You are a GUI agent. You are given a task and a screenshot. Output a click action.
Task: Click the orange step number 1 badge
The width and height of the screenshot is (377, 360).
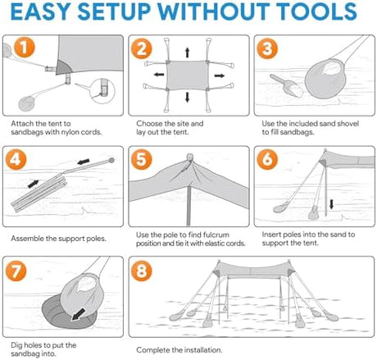tap(25, 48)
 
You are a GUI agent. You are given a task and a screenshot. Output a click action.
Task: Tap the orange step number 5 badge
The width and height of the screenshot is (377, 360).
tap(142, 159)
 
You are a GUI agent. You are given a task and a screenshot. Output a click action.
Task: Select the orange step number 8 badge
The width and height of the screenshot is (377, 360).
tap(142, 271)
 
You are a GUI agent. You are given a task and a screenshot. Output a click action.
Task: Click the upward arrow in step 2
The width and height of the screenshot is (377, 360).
tap(188, 52)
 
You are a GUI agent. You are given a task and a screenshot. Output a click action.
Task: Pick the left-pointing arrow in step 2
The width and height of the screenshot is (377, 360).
tap(159, 75)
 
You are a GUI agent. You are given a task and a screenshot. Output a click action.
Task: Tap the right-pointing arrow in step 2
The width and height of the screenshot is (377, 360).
tap(220, 75)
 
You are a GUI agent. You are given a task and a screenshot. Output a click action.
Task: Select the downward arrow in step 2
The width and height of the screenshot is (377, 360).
tap(188, 97)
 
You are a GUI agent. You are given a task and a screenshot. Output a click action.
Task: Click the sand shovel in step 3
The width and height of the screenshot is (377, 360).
tap(286, 85)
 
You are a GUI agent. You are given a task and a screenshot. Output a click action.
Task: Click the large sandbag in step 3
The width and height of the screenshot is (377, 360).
tap(325, 80)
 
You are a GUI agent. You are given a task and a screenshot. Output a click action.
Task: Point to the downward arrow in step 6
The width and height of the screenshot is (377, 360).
tap(331, 204)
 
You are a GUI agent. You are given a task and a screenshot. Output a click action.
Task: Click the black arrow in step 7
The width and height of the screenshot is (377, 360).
tap(78, 314)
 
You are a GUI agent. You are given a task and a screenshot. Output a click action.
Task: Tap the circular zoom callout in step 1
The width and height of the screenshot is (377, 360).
tap(102, 91)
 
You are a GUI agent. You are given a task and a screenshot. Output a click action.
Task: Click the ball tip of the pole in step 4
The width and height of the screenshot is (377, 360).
tap(111, 160)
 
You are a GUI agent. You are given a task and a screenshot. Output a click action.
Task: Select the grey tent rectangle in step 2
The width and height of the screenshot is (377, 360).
tap(188, 75)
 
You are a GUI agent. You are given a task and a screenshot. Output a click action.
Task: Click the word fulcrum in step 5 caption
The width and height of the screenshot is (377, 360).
tap(216, 235)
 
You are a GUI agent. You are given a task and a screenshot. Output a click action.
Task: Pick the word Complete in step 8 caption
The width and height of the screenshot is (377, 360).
tap(153, 350)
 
